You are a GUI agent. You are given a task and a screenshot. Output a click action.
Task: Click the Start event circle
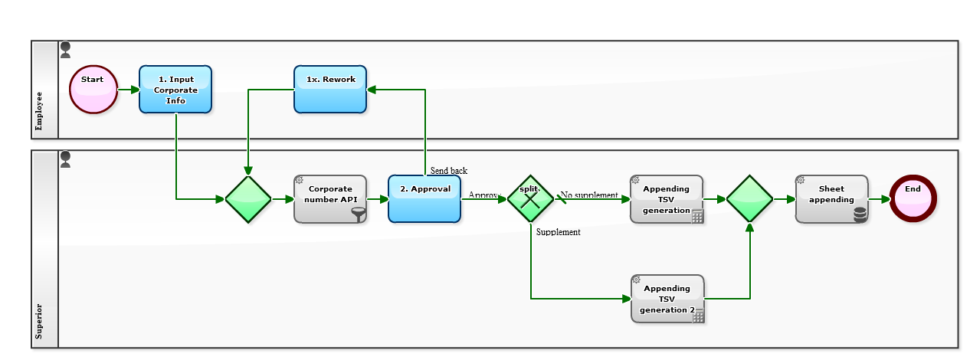(93, 89)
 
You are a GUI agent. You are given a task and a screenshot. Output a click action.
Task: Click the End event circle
(913, 198)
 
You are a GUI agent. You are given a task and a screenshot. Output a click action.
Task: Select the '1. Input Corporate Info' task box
(175, 90)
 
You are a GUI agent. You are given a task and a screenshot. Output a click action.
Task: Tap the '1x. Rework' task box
(330, 89)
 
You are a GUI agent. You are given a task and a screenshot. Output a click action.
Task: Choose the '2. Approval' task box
(424, 199)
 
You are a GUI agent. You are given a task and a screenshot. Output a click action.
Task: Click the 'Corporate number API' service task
(329, 199)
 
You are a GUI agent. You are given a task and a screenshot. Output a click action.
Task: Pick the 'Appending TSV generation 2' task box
(667, 299)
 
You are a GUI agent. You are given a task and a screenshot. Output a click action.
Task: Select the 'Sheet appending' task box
(831, 199)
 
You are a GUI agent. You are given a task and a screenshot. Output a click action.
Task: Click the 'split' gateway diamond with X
(530, 199)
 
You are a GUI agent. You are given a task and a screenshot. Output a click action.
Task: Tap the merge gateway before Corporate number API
(247, 199)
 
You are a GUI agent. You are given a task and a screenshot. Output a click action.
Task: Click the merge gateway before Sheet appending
(749, 199)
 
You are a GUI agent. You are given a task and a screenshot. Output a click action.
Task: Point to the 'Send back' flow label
(448, 171)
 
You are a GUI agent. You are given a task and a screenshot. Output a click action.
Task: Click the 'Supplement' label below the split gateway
(558, 232)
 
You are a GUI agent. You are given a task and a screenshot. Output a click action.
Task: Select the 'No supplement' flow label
(589, 195)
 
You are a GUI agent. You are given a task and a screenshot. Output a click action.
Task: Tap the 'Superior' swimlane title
(40, 321)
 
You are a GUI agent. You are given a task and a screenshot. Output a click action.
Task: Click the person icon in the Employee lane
(66, 50)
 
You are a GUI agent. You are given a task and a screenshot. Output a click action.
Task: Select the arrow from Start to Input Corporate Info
(129, 90)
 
